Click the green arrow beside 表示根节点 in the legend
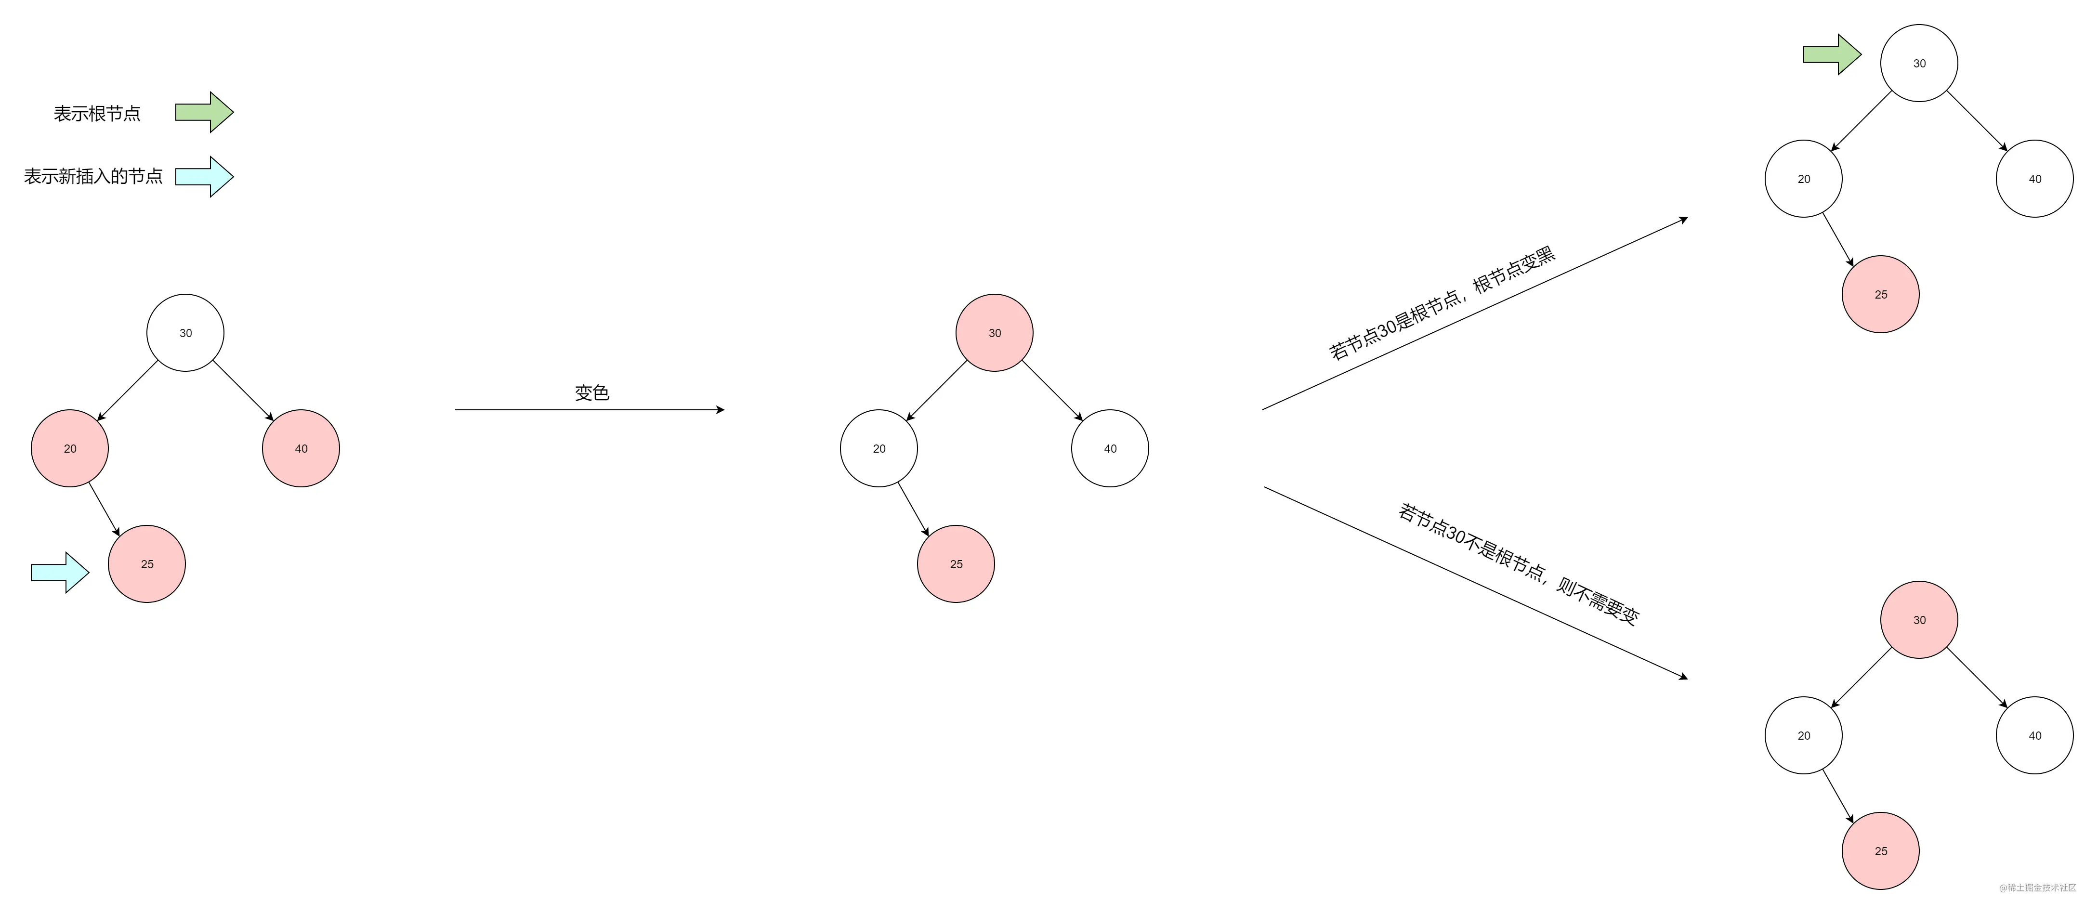click(x=204, y=112)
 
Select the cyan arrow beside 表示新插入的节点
click(x=204, y=176)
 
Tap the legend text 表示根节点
click(x=97, y=113)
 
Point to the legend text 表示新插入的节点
click(x=93, y=176)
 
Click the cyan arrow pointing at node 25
click(x=59, y=573)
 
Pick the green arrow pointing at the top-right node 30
click(x=1832, y=54)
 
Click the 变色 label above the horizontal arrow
click(x=591, y=392)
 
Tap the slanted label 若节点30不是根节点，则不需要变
click(x=1519, y=564)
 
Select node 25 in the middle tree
click(x=956, y=564)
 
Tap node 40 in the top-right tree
click(x=2034, y=178)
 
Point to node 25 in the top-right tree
click(x=1881, y=294)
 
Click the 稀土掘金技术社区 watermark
click(x=2038, y=887)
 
